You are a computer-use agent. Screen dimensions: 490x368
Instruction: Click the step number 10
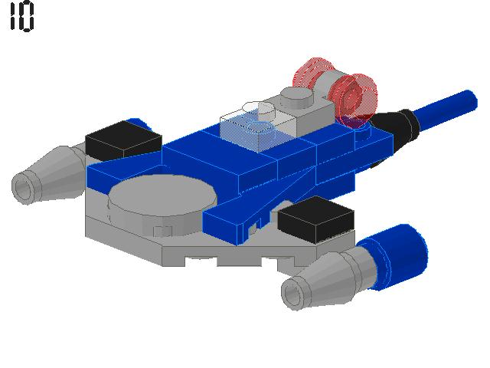pos(21,15)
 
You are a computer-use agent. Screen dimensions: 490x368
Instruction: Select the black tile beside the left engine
pos(123,140)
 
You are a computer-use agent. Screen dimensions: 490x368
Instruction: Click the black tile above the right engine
pos(316,219)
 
